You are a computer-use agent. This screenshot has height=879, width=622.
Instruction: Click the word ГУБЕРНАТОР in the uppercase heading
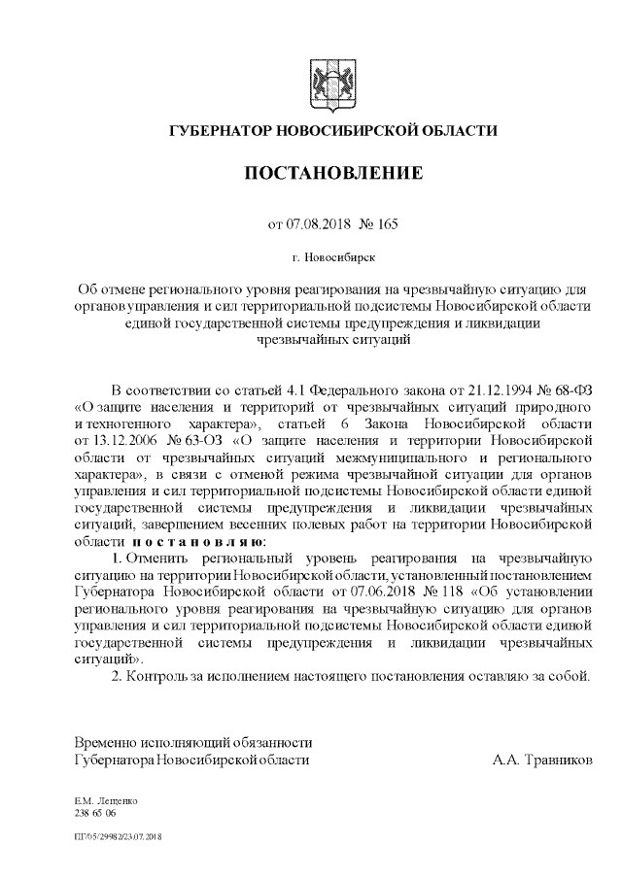222,131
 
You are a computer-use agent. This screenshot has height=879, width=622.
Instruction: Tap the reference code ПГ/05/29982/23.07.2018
118,836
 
